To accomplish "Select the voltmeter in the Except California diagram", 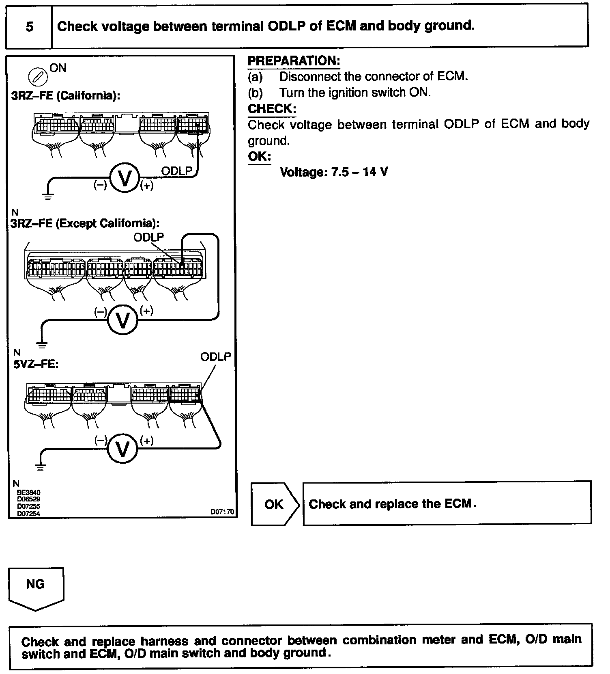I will click(x=122, y=320).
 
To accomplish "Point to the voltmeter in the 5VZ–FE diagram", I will click(x=122, y=448).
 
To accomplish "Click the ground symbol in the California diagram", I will click(x=48, y=197).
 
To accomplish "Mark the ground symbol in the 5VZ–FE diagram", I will click(x=40, y=467).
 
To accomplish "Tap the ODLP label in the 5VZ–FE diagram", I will click(x=215, y=357).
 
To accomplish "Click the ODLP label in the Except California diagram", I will click(x=148, y=237).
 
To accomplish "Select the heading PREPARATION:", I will click(x=294, y=61).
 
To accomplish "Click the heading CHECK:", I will click(x=272, y=109).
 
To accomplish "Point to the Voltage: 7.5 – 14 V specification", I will click(x=334, y=172).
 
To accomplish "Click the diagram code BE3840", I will click(x=28, y=493).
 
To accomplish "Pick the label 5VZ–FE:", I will click(x=36, y=364).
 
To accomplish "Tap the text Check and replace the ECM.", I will click(x=392, y=504).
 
